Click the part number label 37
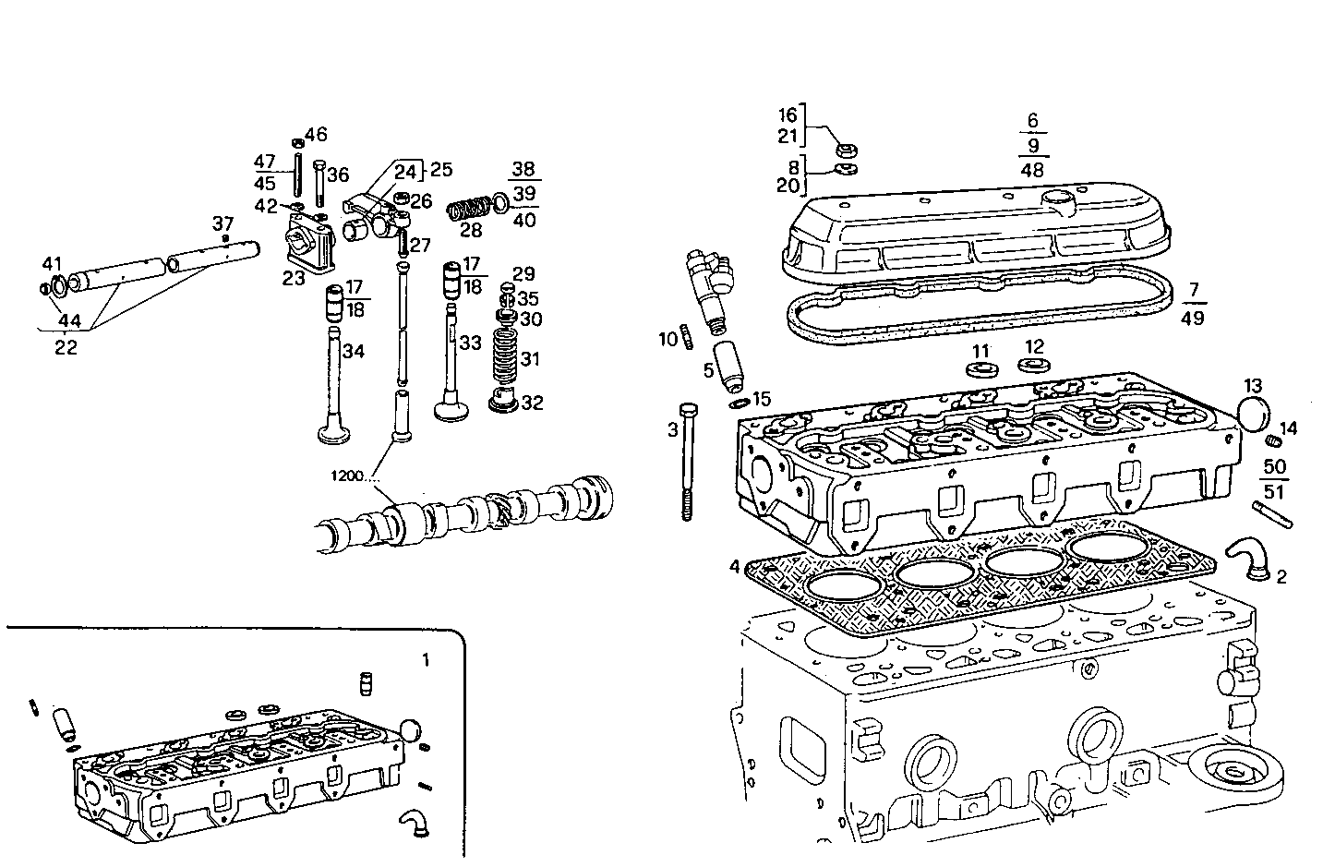click(223, 223)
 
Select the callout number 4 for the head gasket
click(734, 565)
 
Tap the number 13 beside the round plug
click(1253, 385)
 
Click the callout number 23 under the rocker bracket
click(295, 278)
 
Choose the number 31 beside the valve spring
click(531, 359)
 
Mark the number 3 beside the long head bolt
click(673, 429)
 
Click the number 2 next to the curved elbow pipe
click(1281, 577)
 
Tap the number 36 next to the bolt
click(338, 175)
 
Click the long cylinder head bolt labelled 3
click(688, 462)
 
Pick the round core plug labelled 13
click(1253, 415)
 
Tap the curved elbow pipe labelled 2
click(1245, 560)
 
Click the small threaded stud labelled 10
click(688, 338)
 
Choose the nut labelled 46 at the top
click(298, 142)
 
